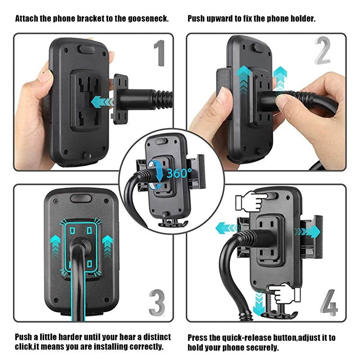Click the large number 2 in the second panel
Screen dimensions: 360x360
tap(322, 53)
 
